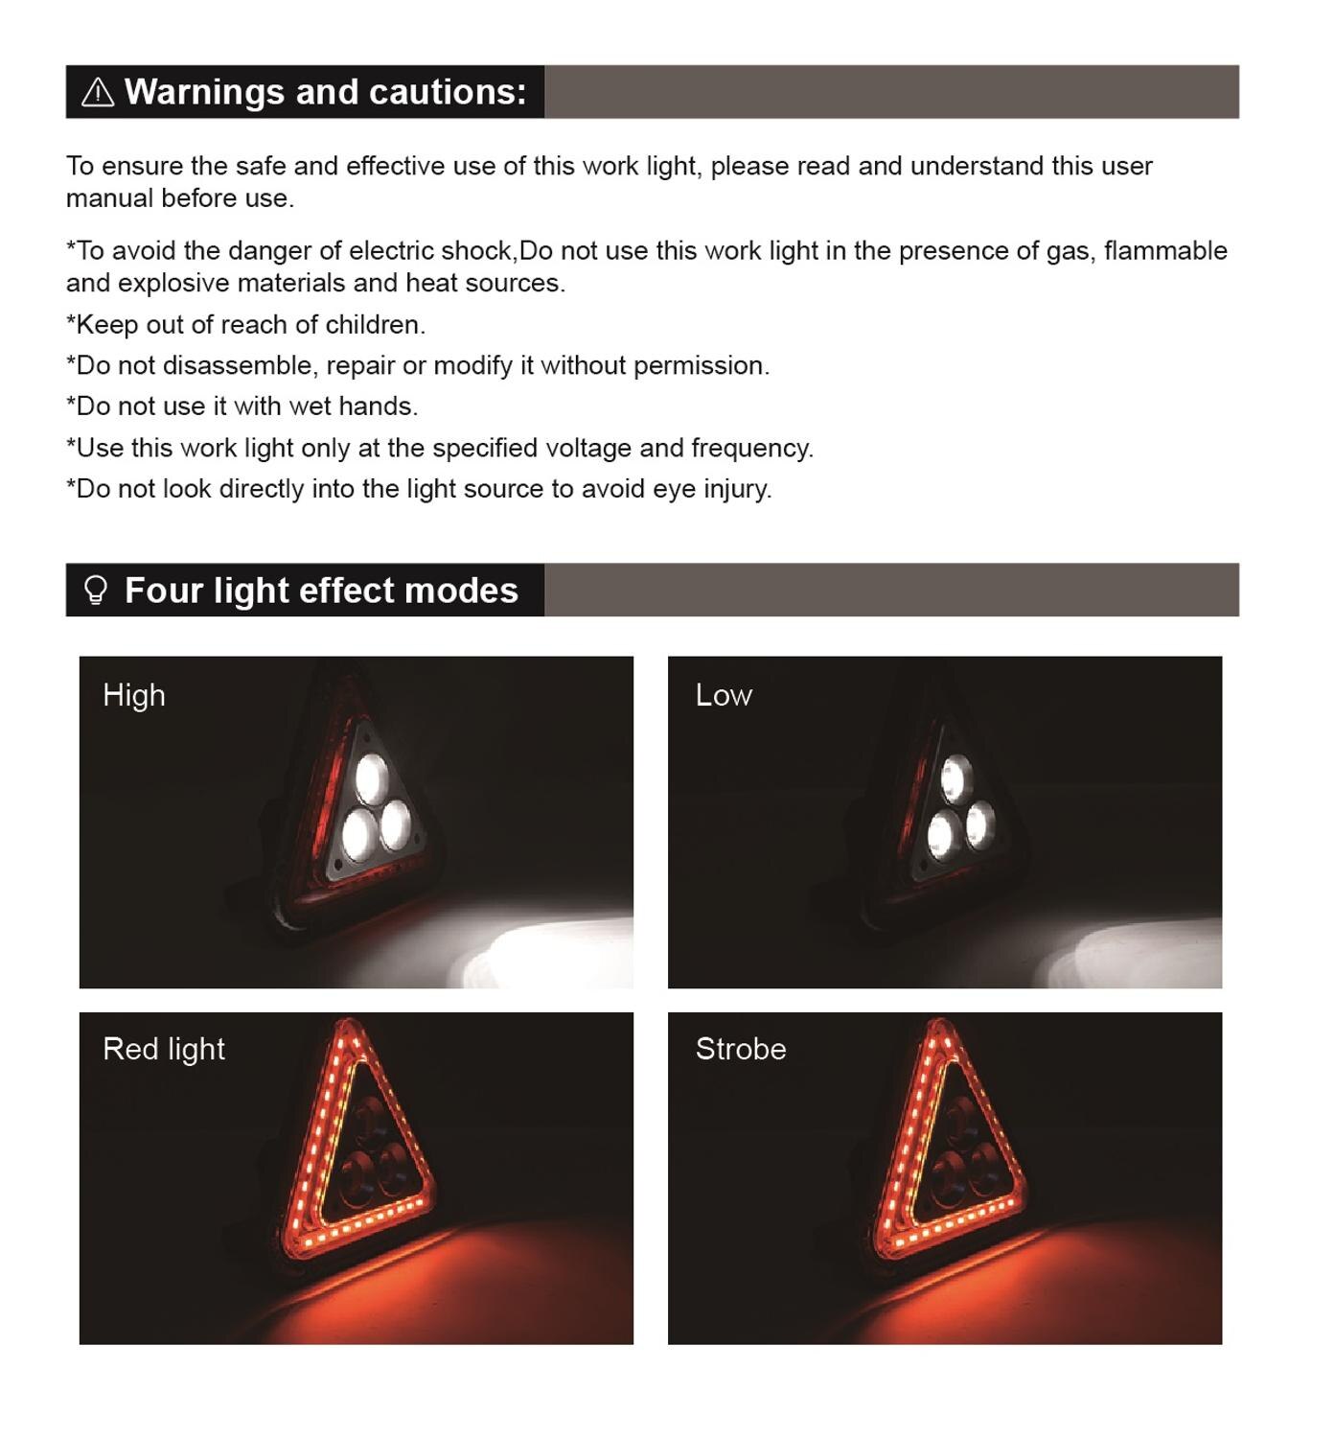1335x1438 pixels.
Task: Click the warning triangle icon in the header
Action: (97, 93)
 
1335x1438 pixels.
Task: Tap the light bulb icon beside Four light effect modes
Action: (96, 591)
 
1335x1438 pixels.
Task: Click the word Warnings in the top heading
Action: (205, 92)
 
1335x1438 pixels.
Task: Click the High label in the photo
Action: (134, 695)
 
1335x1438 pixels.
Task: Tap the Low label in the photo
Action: (724, 695)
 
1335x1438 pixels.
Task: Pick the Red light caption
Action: (164, 1049)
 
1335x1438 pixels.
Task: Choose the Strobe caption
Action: (741, 1049)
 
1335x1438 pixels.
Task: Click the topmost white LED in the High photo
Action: (372, 778)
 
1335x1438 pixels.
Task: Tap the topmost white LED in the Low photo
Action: (956, 779)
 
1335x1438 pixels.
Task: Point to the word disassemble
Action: (241, 365)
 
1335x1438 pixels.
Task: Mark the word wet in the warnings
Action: (310, 406)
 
